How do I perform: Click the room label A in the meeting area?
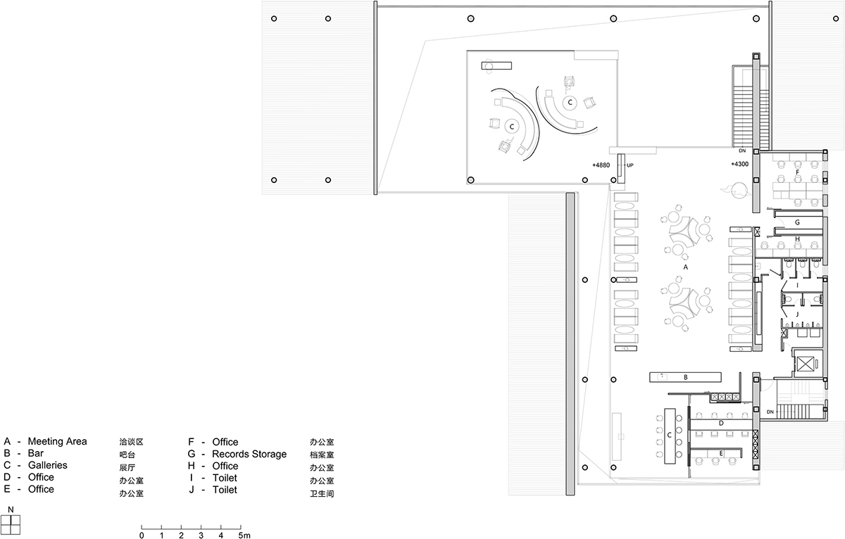coord(685,268)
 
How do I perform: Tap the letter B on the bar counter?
coord(685,377)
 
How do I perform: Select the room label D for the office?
coord(720,424)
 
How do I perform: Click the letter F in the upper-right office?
coord(796,171)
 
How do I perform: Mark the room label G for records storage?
coord(796,222)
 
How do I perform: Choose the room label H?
coord(796,239)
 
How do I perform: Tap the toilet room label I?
coord(796,286)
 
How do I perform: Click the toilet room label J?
coord(796,314)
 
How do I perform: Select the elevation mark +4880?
coord(601,165)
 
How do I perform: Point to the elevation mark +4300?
coord(739,165)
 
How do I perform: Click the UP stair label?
coord(630,165)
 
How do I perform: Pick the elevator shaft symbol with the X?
coord(803,364)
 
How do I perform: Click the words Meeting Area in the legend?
coord(57,442)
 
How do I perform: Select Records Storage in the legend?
coord(249,454)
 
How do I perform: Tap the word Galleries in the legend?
coord(47,466)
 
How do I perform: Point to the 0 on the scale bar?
coord(142,535)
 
